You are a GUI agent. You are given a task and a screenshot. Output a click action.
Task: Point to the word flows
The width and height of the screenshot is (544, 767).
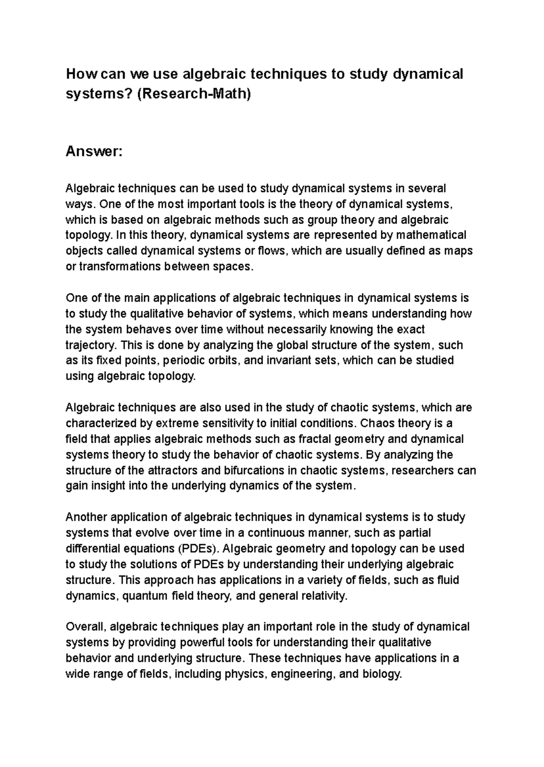click(272, 251)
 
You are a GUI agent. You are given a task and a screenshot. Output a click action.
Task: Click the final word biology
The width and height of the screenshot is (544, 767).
click(382, 674)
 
